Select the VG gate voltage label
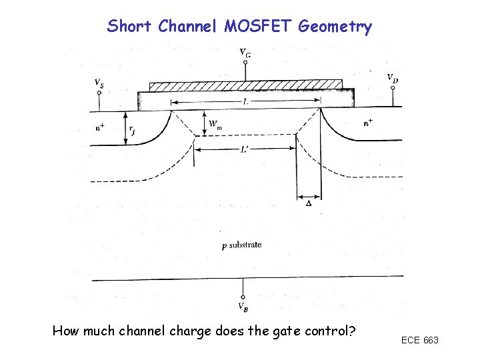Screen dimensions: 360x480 [x=245, y=52]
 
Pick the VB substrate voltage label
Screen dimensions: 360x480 [x=244, y=307]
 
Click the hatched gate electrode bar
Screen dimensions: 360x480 [x=245, y=86]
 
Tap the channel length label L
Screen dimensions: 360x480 [x=246, y=101]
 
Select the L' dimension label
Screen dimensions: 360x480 [x=246, y=151]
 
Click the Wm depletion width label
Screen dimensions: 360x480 [x=215, y=124]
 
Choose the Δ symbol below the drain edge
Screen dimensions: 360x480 [x=308, y=203]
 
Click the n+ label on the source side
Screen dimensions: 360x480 [x=99, y=126]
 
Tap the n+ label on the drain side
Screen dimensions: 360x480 [x=369, y=123]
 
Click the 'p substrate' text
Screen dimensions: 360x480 [x=241, y=245]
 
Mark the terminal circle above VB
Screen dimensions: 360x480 [x=243, y=297]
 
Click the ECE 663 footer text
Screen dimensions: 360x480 [x=419, y=341]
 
